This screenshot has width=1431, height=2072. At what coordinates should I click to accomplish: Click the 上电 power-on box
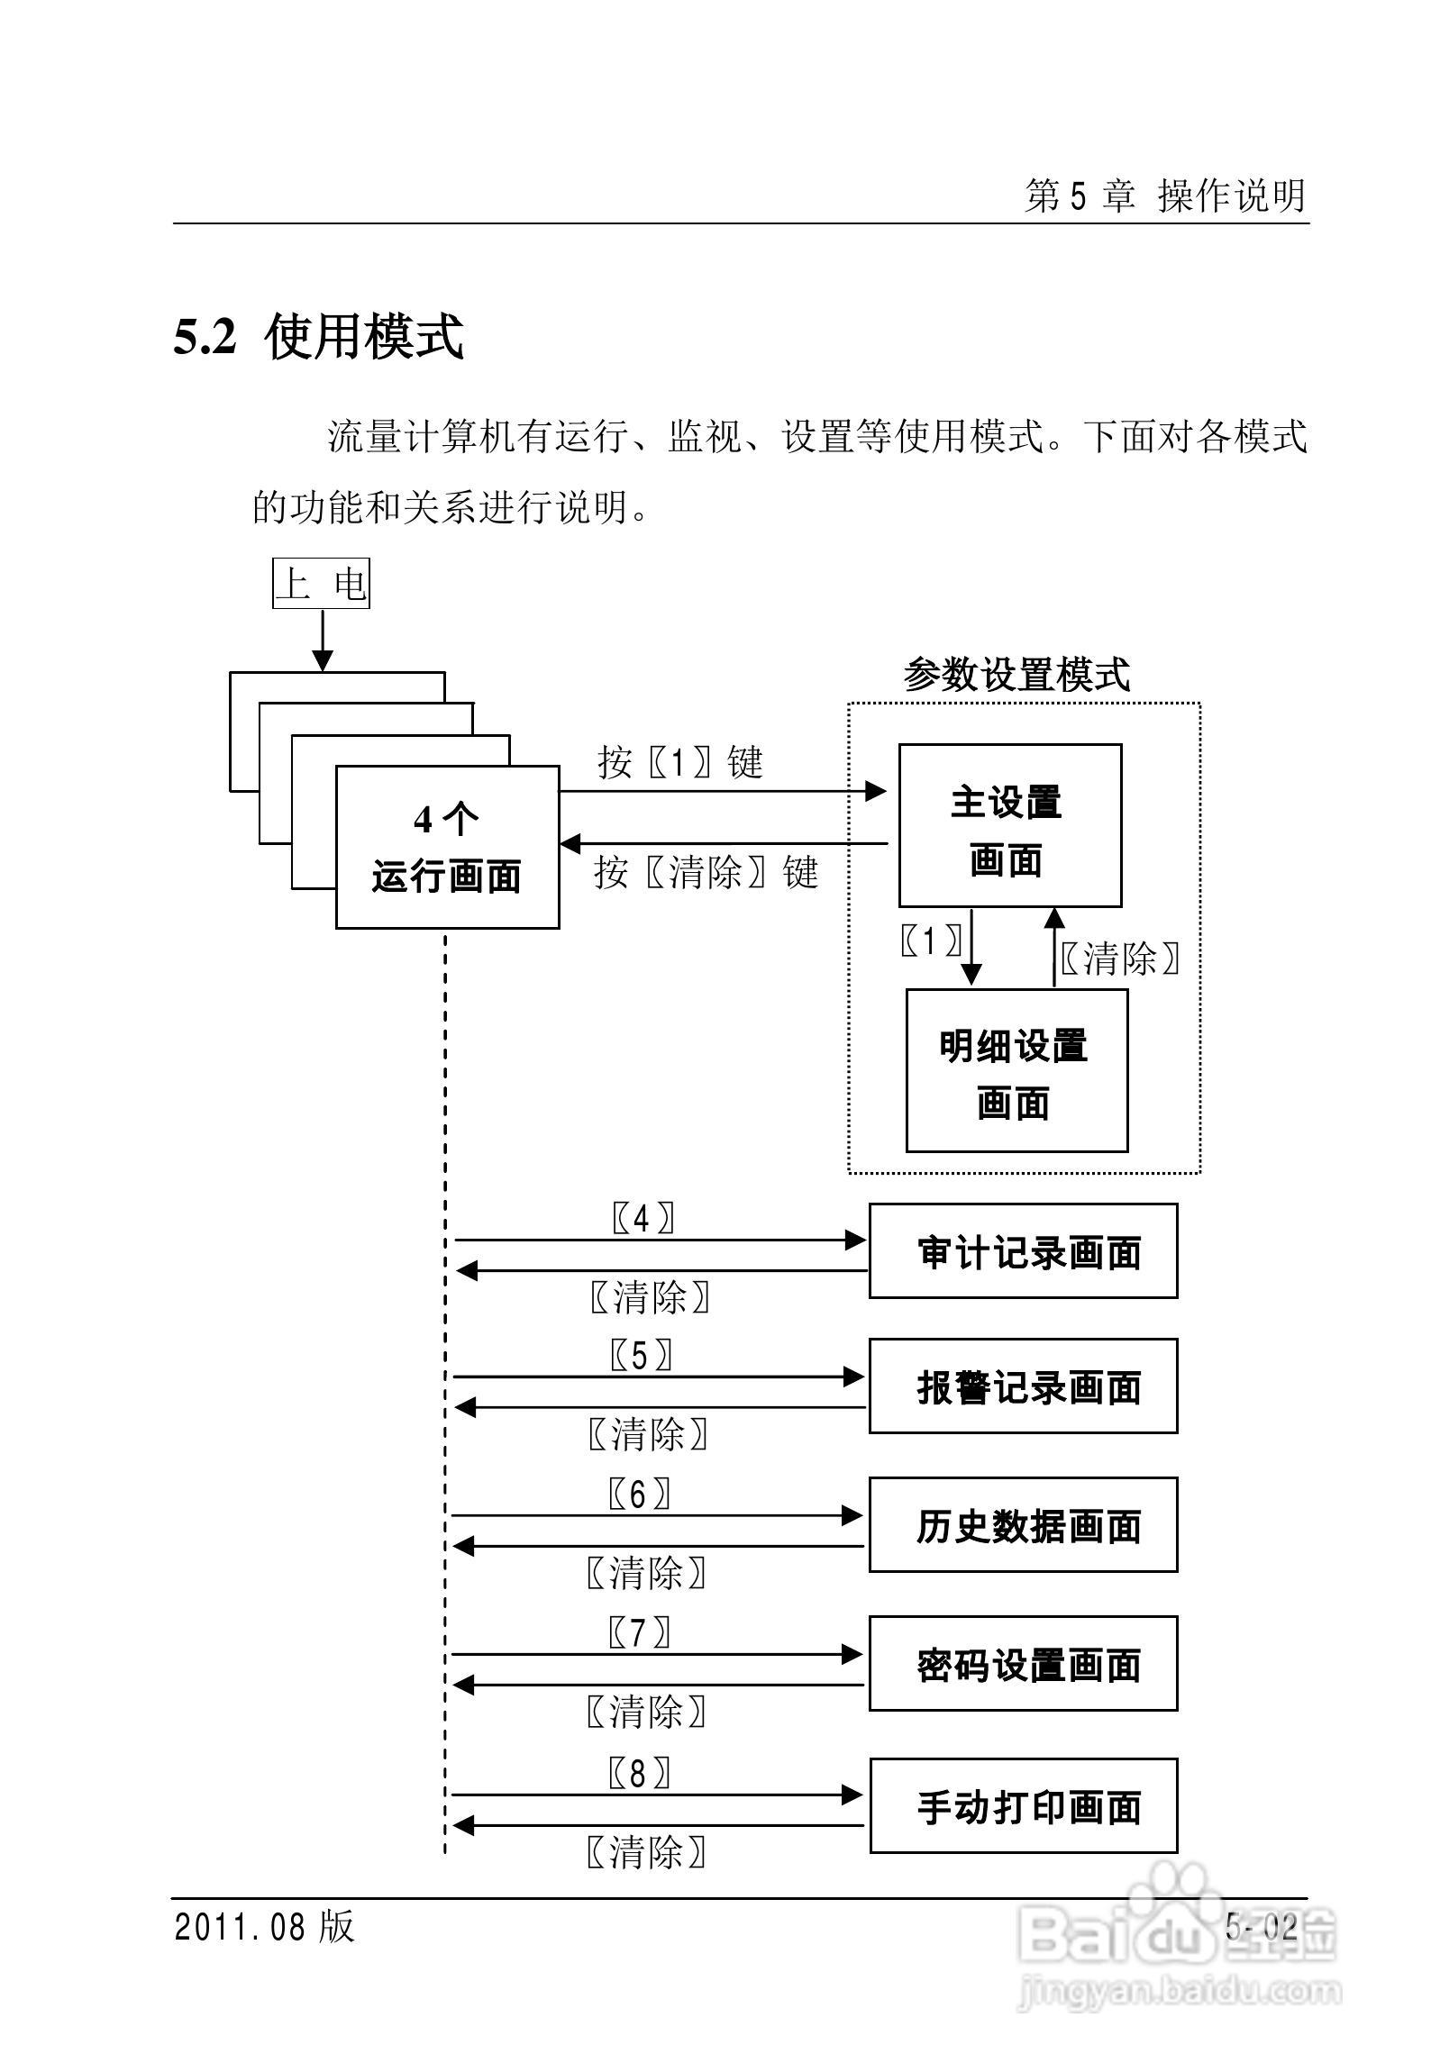pos(321,584)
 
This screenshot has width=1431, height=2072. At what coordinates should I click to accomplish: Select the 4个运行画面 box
pos(447,847)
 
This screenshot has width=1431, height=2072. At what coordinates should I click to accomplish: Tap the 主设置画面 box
pos(1009,825)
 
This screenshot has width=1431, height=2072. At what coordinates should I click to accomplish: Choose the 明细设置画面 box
pos(1016,1070)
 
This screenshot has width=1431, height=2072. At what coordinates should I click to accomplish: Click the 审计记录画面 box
pos(1023,1251)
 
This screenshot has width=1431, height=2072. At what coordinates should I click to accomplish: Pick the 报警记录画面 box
pos(1023,1386)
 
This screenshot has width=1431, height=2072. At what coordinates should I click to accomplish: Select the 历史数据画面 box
pos(1023,1525)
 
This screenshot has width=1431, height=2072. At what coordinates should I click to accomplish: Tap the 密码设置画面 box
pos(1023,1664)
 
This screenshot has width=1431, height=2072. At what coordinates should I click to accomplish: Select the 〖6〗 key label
pos(639,1495)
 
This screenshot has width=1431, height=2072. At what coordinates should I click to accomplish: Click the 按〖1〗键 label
pos(680,763)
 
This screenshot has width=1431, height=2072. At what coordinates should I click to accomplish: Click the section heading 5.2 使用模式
pos(318,337)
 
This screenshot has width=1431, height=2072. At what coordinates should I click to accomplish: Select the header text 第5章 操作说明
pos(1164,195)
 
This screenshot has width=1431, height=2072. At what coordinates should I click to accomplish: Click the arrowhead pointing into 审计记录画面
pos(855,1240)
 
